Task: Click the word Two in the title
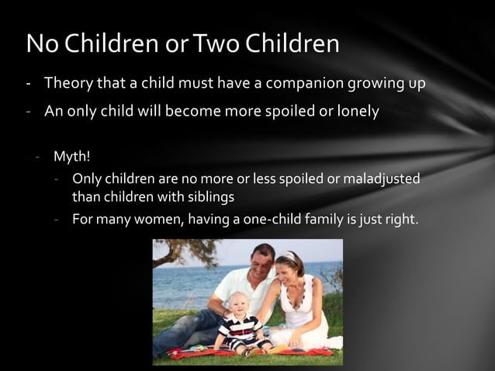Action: [x=215, y=44]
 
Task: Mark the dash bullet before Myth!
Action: [x=36, y=158]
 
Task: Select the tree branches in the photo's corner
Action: [x=175, y=251]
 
